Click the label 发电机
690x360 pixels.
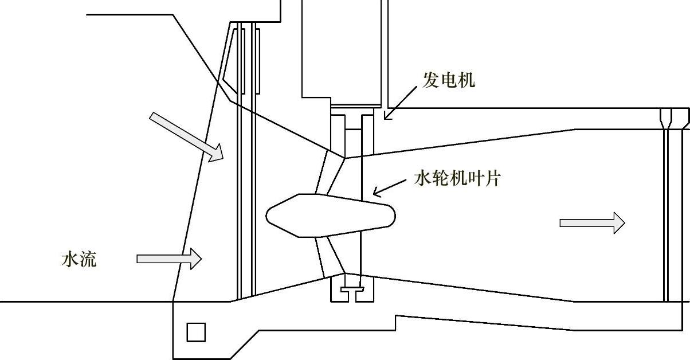tap(449, 80)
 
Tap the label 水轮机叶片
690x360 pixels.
tap(457, 178)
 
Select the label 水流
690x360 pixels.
tap(79, 260)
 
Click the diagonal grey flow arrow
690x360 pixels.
tap(186, 136)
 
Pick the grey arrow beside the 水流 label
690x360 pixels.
tap(169, 259)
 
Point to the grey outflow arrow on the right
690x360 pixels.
tap(592, 222)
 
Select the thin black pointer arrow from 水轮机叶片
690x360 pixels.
tap(390, 187)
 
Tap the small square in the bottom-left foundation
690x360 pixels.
tap(196, 332)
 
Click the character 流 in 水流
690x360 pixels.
tap(88, 260)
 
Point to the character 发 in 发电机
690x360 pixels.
tap(431, 80)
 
